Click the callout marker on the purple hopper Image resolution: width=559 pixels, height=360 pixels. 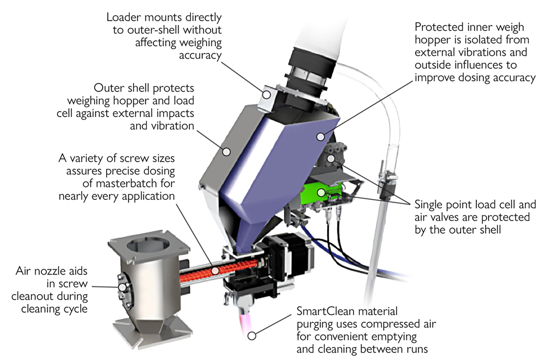click(x=321, y=137)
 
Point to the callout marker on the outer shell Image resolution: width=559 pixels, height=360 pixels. click(x=226, y=151)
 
